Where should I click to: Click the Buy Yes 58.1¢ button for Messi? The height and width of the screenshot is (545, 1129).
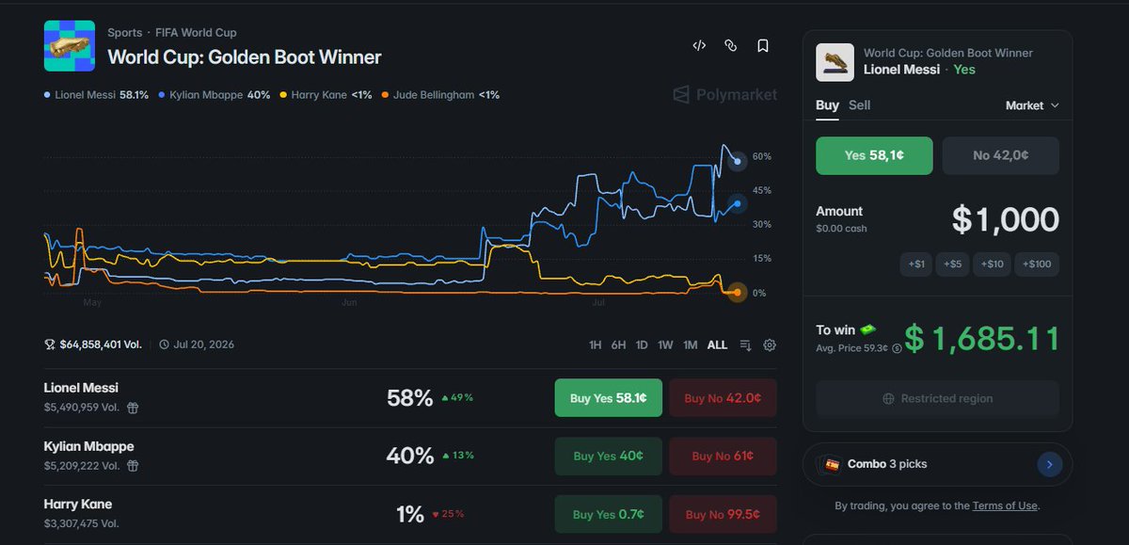click(x=609, y=398)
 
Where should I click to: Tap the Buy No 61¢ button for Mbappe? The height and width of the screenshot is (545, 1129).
click(x=723, y=456)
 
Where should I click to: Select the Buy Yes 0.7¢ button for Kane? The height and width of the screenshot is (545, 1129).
click(x=609, y=514)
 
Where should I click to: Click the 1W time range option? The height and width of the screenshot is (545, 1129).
click(x=665, y=345)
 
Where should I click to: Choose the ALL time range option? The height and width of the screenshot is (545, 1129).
click(x=717, y=345)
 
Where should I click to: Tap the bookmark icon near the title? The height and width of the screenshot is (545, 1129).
click(x=763, y=46)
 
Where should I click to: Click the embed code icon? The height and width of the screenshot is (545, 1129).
click(x=699, y=46)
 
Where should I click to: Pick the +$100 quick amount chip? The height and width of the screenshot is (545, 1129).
click(x=1037, y=264)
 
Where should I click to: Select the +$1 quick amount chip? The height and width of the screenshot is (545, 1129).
click(x=916, y=264)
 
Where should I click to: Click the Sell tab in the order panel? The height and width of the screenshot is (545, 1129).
click(x=859, y=104)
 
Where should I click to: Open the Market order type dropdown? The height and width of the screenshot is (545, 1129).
click(x=1032, y=105)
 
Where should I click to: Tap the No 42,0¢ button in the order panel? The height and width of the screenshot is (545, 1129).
click(x=1000, y=155)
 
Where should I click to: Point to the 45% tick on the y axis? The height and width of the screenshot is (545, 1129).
click(x=761, y=190)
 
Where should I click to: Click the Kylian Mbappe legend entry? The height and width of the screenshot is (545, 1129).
click(x=215, y=95)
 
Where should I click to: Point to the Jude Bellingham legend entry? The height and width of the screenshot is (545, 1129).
click(x=440, y=95)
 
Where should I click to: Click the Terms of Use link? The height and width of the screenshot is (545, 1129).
click(x=1005, y=505)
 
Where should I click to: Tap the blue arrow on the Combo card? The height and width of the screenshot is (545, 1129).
click(x=1049, y=464)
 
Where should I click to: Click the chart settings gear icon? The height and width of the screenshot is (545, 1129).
click(x=770, y=345)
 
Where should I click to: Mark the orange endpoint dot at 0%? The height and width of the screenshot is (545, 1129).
click(x=737, y=293)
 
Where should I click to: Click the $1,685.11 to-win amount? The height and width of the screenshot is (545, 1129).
click(x=981, y=338)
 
